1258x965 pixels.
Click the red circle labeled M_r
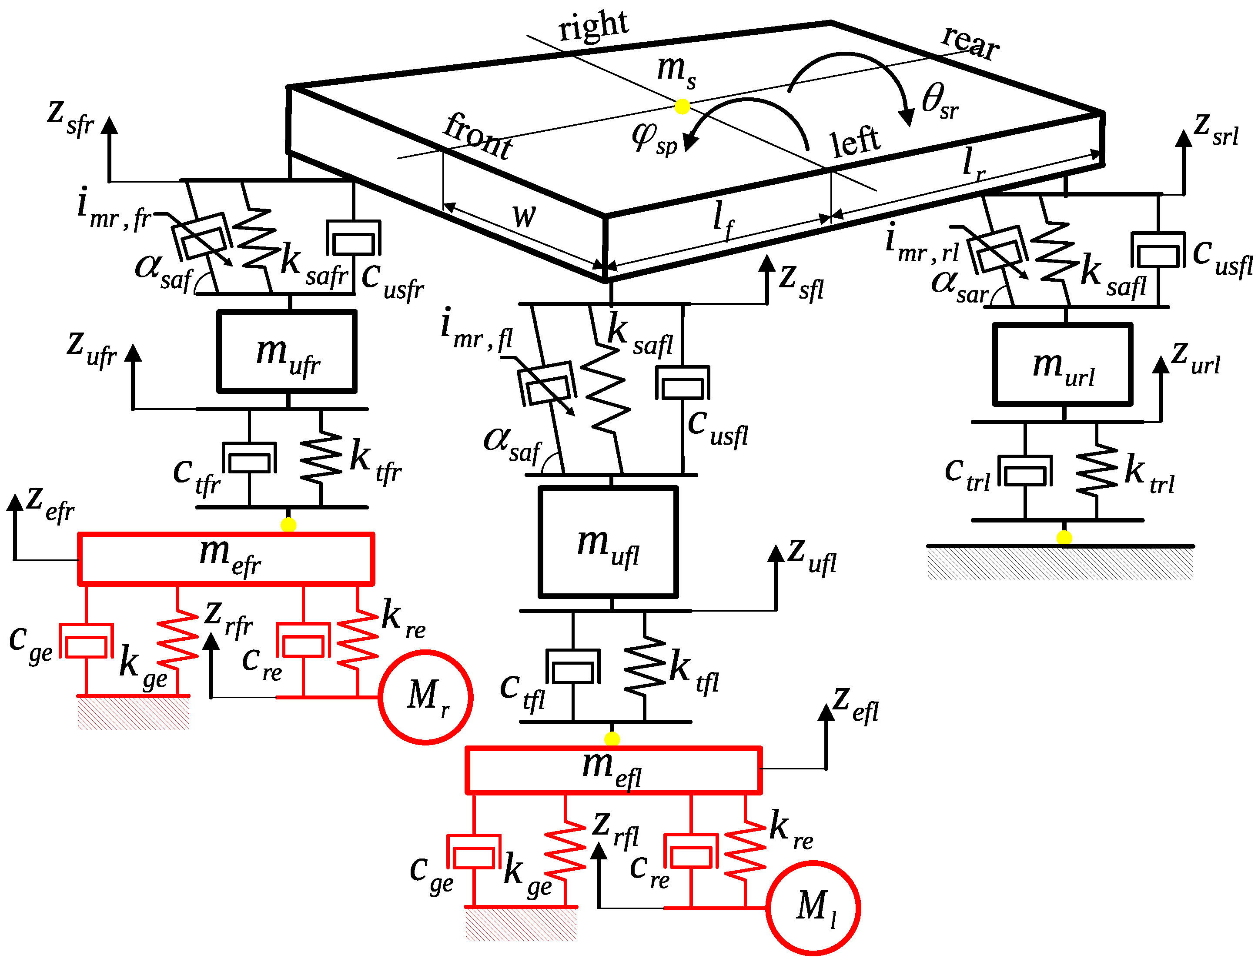425,697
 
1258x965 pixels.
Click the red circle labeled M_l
813,908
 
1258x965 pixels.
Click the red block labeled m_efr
226,559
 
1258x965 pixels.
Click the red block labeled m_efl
613,770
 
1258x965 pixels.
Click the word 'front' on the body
478,136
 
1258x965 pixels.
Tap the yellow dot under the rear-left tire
1064,538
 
